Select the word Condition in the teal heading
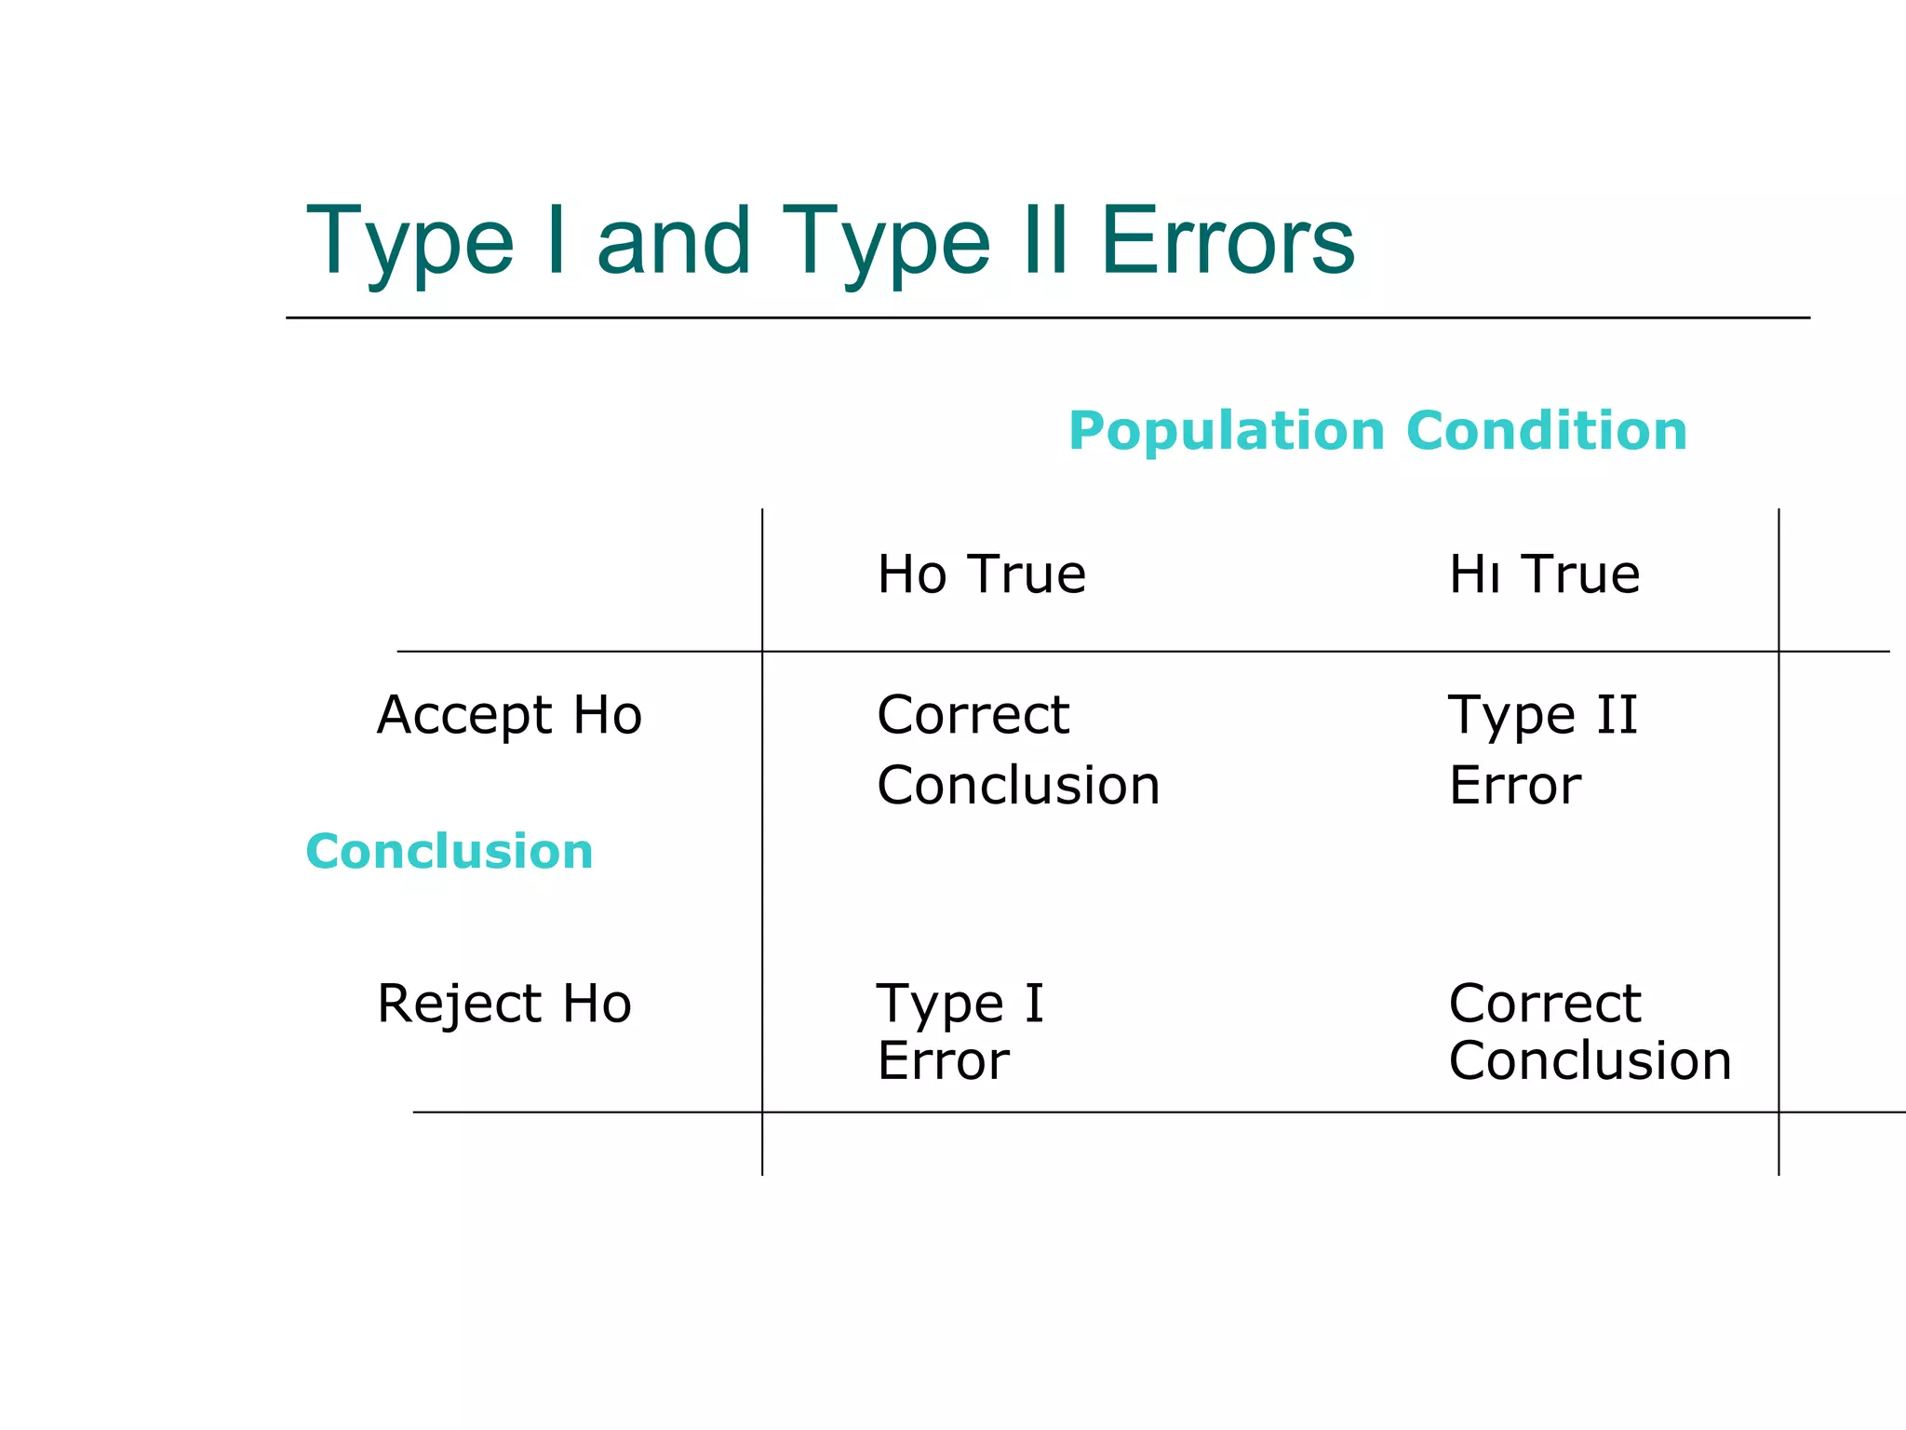[1546, 431]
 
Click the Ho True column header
[981, 573]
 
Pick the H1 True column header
[1544, 573]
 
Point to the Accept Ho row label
[509, 715]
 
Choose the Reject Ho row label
[504, 1004]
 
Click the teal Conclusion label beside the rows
[449, 851]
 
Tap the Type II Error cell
[1542, 749]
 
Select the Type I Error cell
[960, 1032]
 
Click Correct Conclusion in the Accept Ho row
[1018, 749]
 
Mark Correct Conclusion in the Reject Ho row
[1590, 1032]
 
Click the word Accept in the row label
[464, 715]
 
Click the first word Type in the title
[409, 241]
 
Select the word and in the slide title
[673, 241]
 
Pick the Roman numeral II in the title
[1044, 241]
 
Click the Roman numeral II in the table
[1617, 715]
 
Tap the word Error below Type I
[943, 1060]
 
